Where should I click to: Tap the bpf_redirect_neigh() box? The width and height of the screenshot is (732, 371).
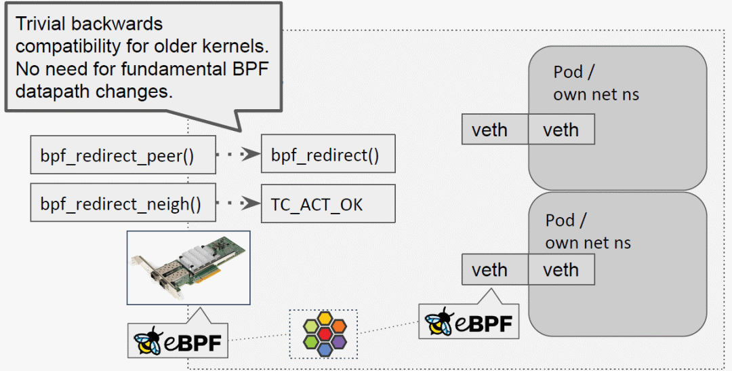pyautogui.click(x=123, y=203)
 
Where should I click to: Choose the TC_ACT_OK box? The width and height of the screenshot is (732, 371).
pyautogui.click(x=328, y=203)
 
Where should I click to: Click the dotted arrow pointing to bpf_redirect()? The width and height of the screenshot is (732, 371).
pyautogui.click(x=239, y=155)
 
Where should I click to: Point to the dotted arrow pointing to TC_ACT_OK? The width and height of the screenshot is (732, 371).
pyautogui.click(x=239, y=203)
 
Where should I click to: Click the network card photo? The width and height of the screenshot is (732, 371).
pyautogui.click(x=188, y=267)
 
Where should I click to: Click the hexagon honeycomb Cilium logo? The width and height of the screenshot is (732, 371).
pyautogui.click(x=323, y=334)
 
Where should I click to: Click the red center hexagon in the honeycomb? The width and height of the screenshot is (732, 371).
pyautogui.click(x=323, y=334)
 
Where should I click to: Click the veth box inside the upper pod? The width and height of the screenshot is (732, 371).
pyautogui.click(x=561, y=130)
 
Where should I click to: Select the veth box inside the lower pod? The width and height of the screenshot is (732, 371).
pyautogui.click(x=561, y=270)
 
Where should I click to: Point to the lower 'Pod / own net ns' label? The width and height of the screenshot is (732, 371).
pyautogui.click(x=587, y=231)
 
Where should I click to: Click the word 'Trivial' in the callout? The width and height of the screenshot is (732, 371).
pyautogui.click(x=42, y=24)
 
